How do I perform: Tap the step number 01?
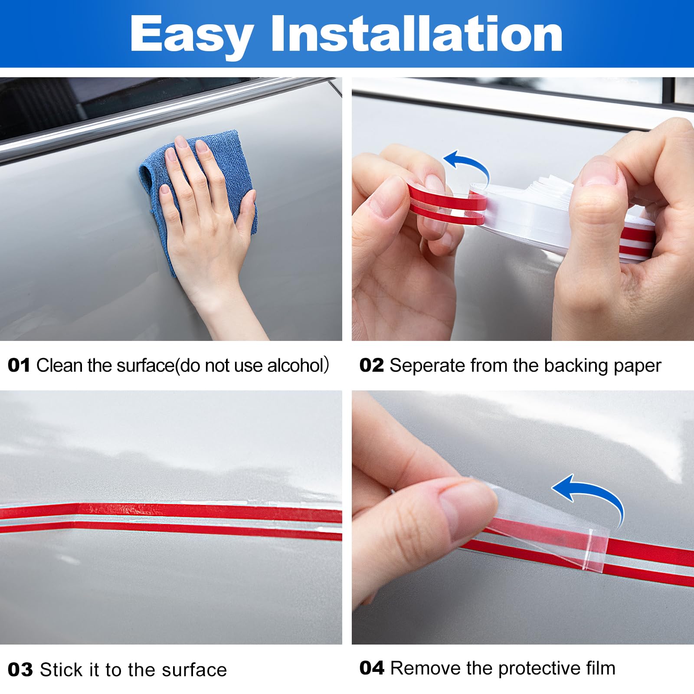19,365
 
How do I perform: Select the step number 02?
372,365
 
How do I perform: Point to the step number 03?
20,670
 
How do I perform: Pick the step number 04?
372,668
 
